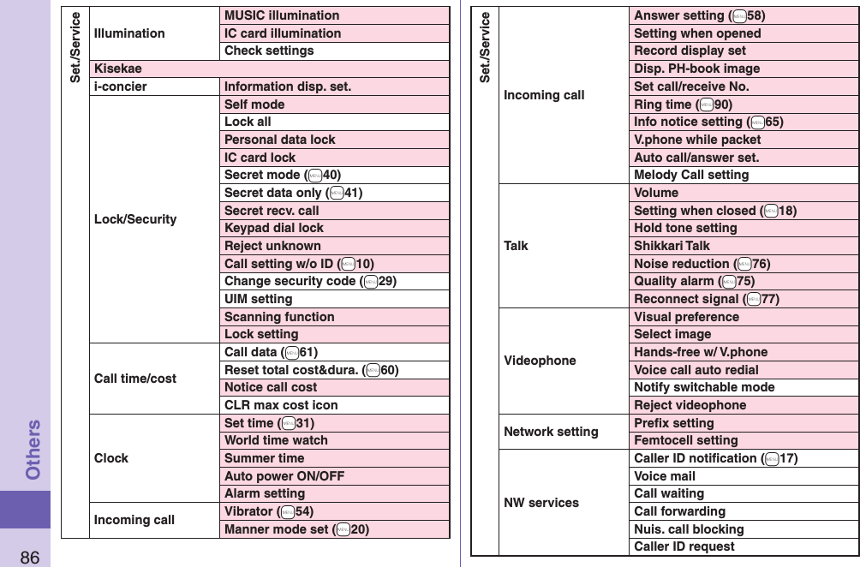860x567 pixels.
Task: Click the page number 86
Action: [29, 558]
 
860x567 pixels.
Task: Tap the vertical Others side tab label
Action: [33, 449]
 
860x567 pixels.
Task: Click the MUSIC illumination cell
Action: [282, 15]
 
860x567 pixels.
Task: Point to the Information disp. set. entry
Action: [288, 87]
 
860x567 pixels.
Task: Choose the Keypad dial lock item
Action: [274, 228]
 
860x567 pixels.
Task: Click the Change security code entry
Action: [310, 281]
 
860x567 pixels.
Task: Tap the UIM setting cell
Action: [259, 299]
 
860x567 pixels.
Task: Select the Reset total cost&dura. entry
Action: [311, 370]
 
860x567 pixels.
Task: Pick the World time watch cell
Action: [276, 440]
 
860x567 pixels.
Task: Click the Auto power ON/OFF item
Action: [284, 475]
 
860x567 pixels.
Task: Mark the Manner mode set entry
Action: [296, 529]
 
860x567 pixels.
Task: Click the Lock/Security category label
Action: [135, 219]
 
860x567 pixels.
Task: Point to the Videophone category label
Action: [540, 361]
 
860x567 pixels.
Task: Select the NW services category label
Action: [541, 503]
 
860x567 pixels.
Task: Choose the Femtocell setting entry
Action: [685, 440]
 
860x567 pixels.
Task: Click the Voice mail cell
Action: [665, 476]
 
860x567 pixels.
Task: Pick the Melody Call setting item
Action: [691, 175]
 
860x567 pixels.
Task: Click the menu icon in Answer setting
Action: [738, 15]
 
